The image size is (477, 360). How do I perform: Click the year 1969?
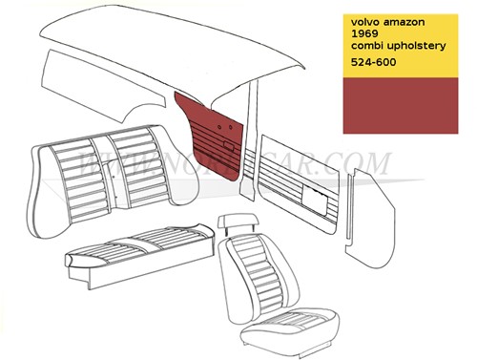pyautogui.click(x=367, y=34)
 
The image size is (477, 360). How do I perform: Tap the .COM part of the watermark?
pyautogui.click(x=367, y=164)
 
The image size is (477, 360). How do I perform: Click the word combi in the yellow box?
pyautogui.click(x=369, y=49)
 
